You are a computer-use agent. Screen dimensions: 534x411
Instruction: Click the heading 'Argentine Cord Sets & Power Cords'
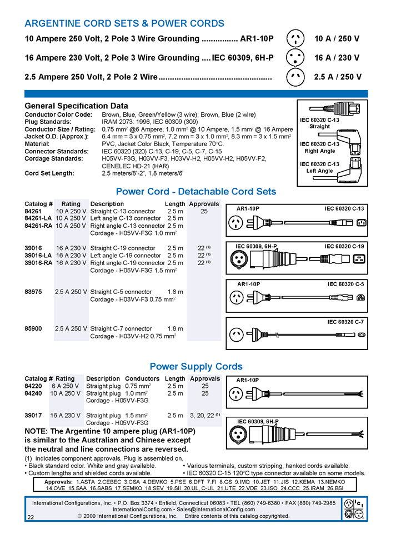124,23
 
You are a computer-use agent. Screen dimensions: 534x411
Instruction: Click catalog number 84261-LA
37,218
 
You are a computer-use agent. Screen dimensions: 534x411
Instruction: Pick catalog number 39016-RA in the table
37,263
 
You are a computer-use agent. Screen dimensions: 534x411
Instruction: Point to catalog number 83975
33,291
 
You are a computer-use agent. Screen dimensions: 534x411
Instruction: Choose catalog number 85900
33,328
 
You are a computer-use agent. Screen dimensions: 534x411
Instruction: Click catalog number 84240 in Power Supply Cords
33,393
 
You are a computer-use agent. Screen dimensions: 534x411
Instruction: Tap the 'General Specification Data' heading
76,106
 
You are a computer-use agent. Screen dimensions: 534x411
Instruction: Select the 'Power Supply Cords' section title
196,366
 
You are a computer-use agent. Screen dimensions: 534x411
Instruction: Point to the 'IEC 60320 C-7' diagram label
345,322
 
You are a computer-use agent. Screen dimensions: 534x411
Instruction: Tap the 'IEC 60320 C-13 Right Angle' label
319,147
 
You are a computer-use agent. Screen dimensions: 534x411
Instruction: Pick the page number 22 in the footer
31,516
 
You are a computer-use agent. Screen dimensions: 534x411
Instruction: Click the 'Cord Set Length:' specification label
50,173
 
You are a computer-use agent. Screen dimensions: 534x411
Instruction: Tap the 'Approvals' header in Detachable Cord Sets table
204,204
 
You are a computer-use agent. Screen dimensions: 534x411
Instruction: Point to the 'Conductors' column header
142,378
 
